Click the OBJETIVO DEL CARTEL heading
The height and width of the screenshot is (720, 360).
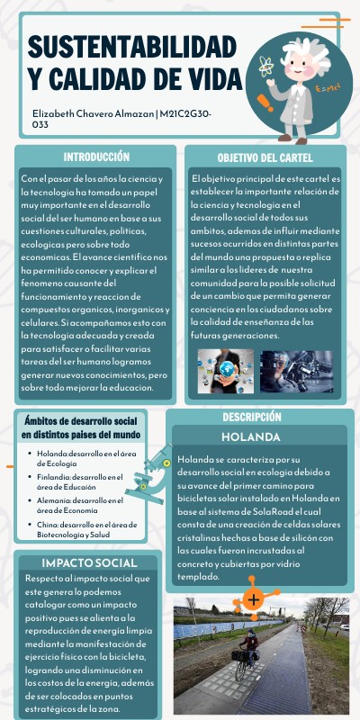(x=265, y=157)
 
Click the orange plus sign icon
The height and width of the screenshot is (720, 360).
(x=255, y=598)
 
